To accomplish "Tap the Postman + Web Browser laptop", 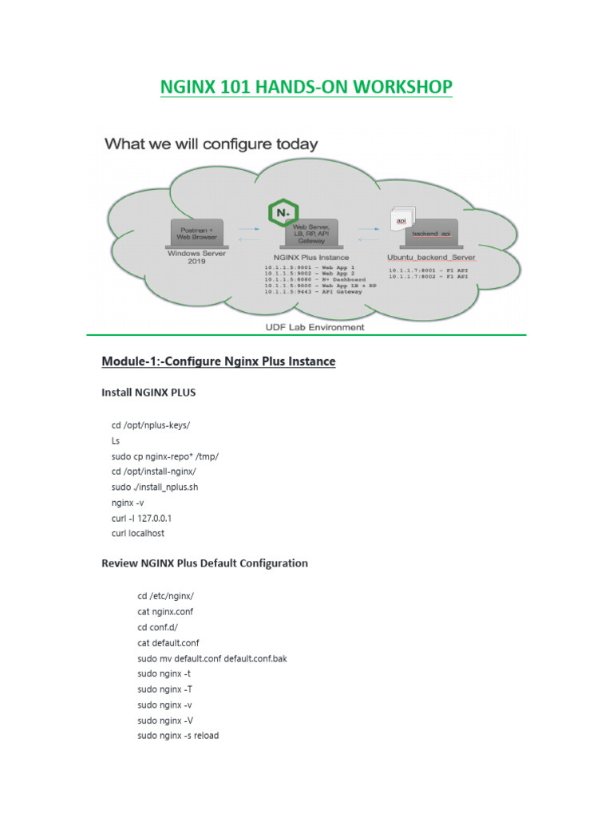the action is click(196, 233).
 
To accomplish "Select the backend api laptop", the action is click(431, 233).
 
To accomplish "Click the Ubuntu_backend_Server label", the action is click(431, 258).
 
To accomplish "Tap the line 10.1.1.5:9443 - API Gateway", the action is click(312, 291).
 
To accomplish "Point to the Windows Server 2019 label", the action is click(196, 257).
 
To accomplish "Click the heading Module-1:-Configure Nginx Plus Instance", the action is click(218, 361).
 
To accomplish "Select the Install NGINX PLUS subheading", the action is click(148, 393).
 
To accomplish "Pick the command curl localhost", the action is click(138, 533).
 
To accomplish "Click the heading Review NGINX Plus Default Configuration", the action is click(204, 563).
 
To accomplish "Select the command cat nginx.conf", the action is click(165, 611).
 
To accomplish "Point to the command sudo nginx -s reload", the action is click(178, 735).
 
